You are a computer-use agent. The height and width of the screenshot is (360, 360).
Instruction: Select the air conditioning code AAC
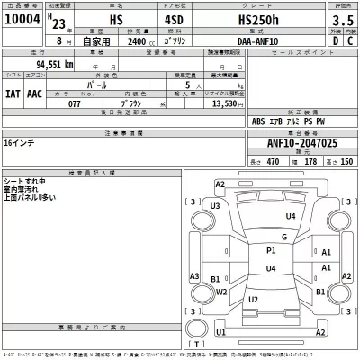coord(35,91)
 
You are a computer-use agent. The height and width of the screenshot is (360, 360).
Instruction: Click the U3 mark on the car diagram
coord(215,206)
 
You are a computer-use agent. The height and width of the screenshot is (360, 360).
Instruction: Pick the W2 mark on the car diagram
coord(253,299)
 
